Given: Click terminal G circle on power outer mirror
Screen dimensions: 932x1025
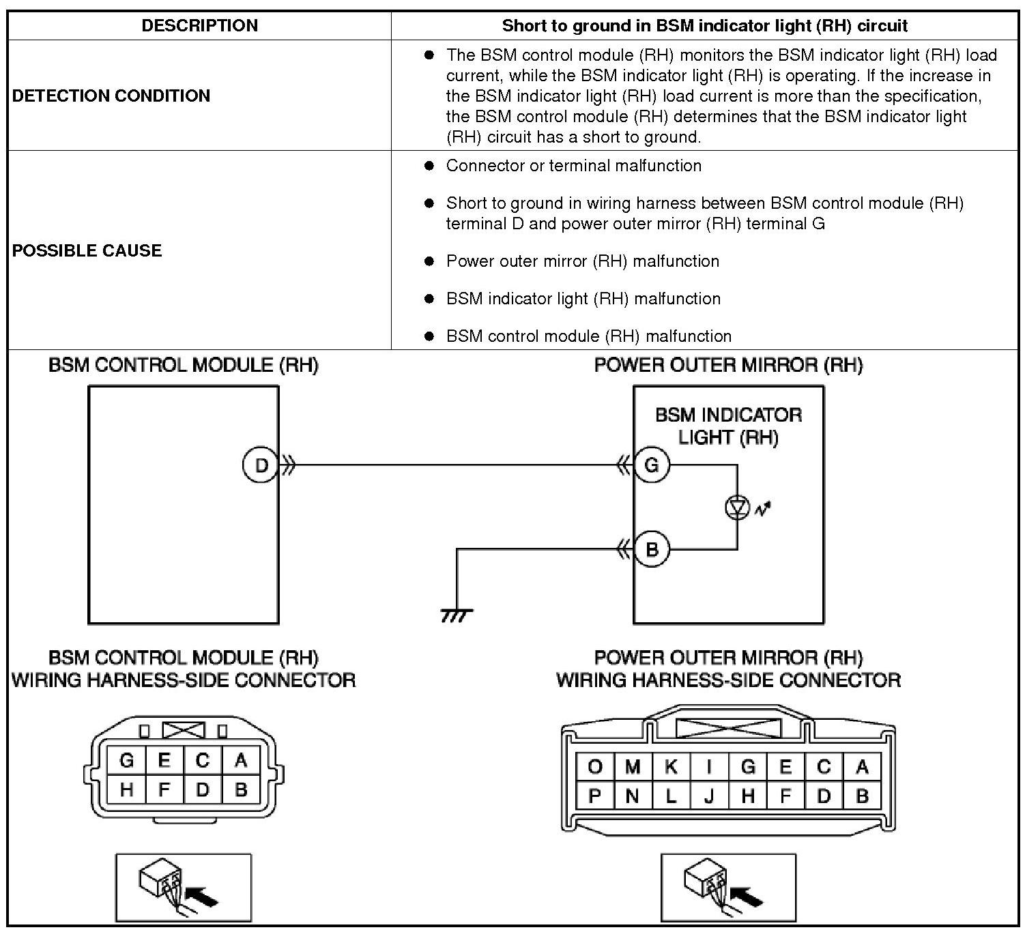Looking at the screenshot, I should pyautogui.click(x=652, y=465).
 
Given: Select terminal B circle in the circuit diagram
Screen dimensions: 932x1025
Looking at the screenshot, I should pyautogui.click(x=652, y=549).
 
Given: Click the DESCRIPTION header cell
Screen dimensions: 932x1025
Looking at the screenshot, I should pyautogui.click(x=199, y=26).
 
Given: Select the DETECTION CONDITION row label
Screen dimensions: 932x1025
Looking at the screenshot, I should pyautogui.click(x=111, y=96).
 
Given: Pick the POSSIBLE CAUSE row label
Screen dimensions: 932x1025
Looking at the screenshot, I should pyautogui.click(x=87, y=250).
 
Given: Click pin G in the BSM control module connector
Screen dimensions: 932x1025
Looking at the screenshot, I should pyautogui.click(x=126, y=760).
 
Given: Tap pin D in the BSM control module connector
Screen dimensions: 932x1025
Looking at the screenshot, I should pyautogui.click(x=203, y=790).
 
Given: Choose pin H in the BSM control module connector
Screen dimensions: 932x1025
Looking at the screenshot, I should pyautogui.click(x=126, y=790).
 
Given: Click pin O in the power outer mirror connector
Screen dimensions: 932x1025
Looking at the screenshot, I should pyautogui.click(x=595, y=767).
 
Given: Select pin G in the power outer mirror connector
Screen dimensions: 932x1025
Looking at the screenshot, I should pyautogui.click(x=748, y=767).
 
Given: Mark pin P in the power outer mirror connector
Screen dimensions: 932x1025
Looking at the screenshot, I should pyautogui.click(x=595, y=796).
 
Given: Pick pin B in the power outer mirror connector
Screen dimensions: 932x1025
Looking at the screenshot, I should pyautogui.click(x=862, y=796).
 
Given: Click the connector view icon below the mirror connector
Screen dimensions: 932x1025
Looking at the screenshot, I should pyautogui.click(x=728, y=887).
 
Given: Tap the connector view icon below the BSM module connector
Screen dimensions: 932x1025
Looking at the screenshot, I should pyautogui.click(x=184, y=887).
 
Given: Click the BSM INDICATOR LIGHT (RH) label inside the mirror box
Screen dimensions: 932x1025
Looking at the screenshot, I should pyautogui.click(x=728, y=426).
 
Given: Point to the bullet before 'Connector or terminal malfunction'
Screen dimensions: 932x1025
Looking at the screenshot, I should pyautogui.click(x=429, y=166).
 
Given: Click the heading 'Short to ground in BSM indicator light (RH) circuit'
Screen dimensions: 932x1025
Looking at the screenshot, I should pyautogui.click(x=704, y=26).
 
